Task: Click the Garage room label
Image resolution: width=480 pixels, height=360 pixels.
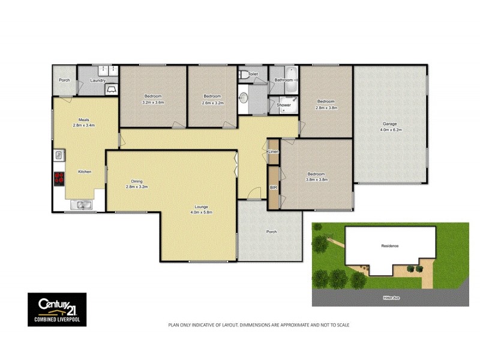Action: coord(389,124)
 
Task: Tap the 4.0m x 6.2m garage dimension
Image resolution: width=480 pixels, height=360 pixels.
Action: coord(389,130)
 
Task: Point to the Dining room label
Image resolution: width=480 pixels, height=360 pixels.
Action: coord(137,181)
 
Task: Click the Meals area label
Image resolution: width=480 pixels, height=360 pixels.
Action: coord(84,119)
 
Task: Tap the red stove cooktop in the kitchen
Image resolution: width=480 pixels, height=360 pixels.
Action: coord(59,178)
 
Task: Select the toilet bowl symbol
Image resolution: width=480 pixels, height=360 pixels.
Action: coord(242,76)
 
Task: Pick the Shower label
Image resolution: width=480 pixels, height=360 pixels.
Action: coord(284,106)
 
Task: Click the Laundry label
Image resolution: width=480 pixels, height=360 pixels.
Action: coord(98,80)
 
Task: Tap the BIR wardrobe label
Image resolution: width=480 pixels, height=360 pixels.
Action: coord(274,188)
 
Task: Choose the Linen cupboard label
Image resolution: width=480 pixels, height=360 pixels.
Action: coord(274,152)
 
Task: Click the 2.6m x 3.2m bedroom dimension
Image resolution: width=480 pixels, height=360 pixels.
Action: coord(212,103)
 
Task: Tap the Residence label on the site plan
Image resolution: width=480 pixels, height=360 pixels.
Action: coord(390,247)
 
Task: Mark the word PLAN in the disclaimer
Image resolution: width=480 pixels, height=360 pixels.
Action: coord(173,325)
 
